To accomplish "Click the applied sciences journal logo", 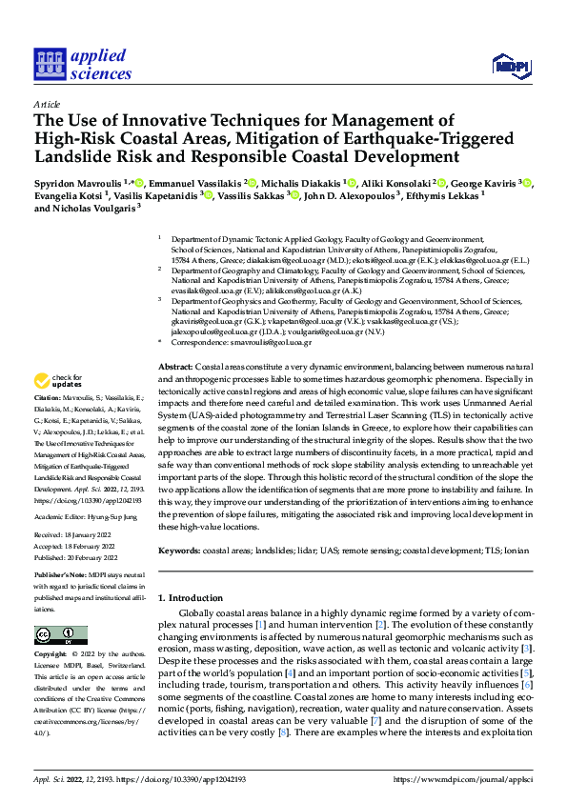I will [83, 63].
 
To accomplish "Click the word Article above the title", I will [46, 104].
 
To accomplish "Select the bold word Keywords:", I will [178, 551].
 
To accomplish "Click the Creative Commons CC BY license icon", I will [54, 634].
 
